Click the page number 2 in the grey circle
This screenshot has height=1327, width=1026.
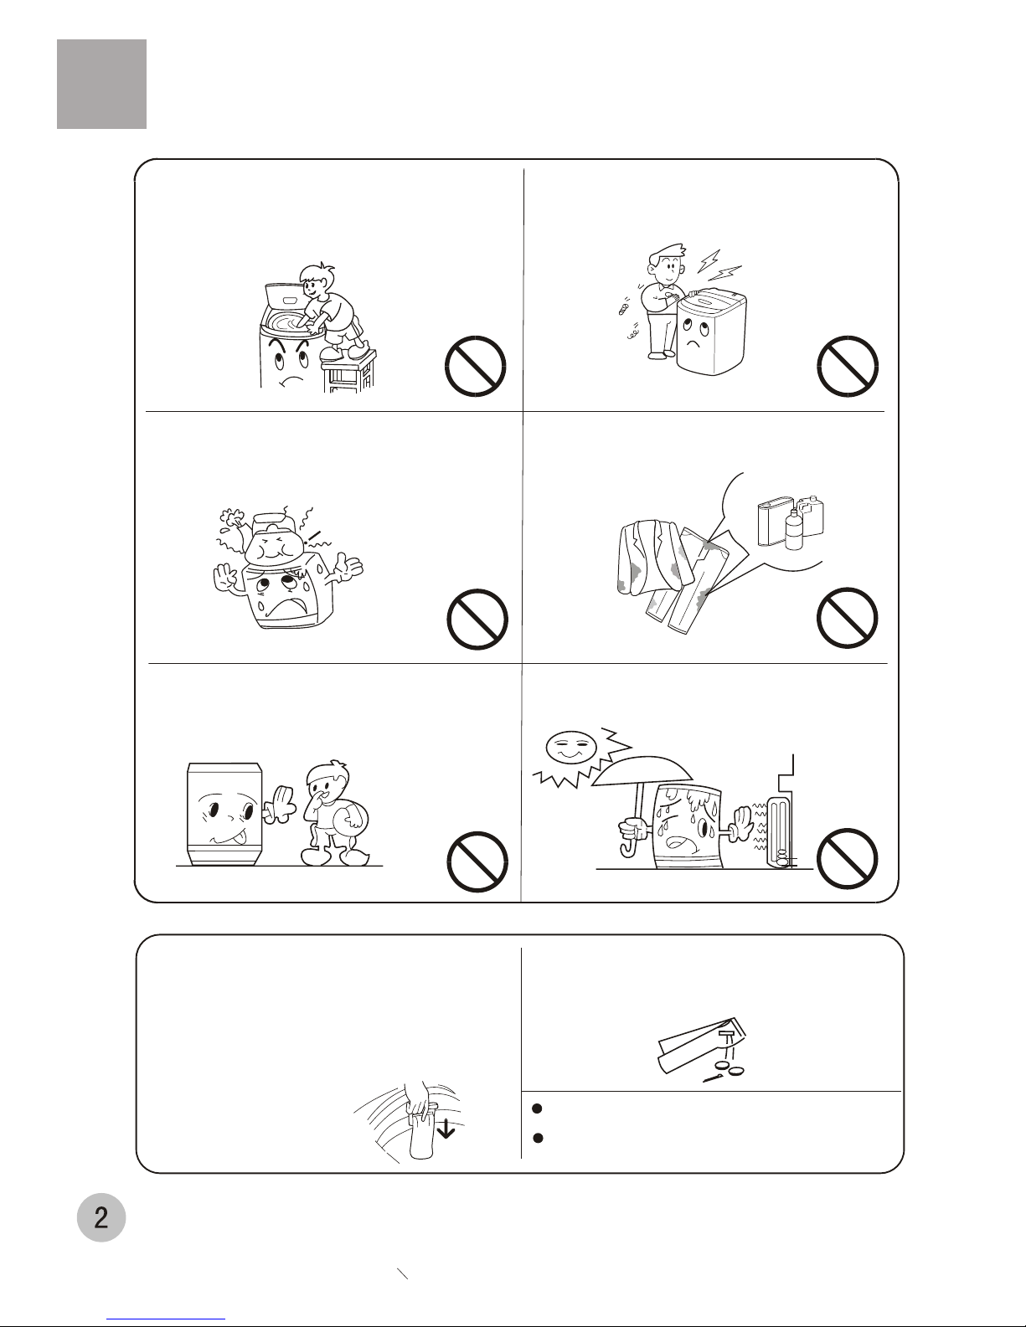click(x=101, y=1217)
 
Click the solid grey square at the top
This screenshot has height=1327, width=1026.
click(x=101, y=85)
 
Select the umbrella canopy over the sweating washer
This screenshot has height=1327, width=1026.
click(x=642, y=771)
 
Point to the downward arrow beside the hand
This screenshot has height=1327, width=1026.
click(x=446, y=1129)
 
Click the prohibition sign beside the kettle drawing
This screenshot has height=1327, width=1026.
click(x=477, y=619)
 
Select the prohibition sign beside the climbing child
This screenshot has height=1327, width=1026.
click(x=475, y=367)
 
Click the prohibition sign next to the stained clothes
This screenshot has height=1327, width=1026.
click(x=847, y=618)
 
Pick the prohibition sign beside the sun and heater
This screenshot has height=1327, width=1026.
click(x=847, y=858)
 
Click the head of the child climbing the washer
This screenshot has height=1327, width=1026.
click(x=316, y=281)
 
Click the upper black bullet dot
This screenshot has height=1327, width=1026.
click(x=538, y=1108)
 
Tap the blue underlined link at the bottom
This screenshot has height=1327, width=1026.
click(x=166, y=1319)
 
